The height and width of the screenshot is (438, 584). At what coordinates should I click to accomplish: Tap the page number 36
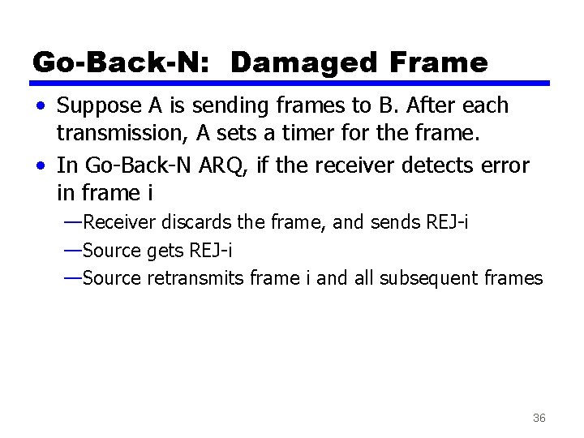[539, 418]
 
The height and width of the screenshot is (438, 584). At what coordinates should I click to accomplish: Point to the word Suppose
[100, 105]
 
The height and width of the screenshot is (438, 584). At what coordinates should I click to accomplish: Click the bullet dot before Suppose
[40, 106]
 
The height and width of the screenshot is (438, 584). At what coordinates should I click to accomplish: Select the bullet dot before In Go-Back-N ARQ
[40, 166]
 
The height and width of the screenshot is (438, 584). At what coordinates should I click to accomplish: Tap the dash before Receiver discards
[72, 221]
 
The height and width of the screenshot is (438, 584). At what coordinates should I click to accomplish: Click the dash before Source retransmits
[72, 278]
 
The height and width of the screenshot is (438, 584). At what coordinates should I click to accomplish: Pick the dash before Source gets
[72, 250]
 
